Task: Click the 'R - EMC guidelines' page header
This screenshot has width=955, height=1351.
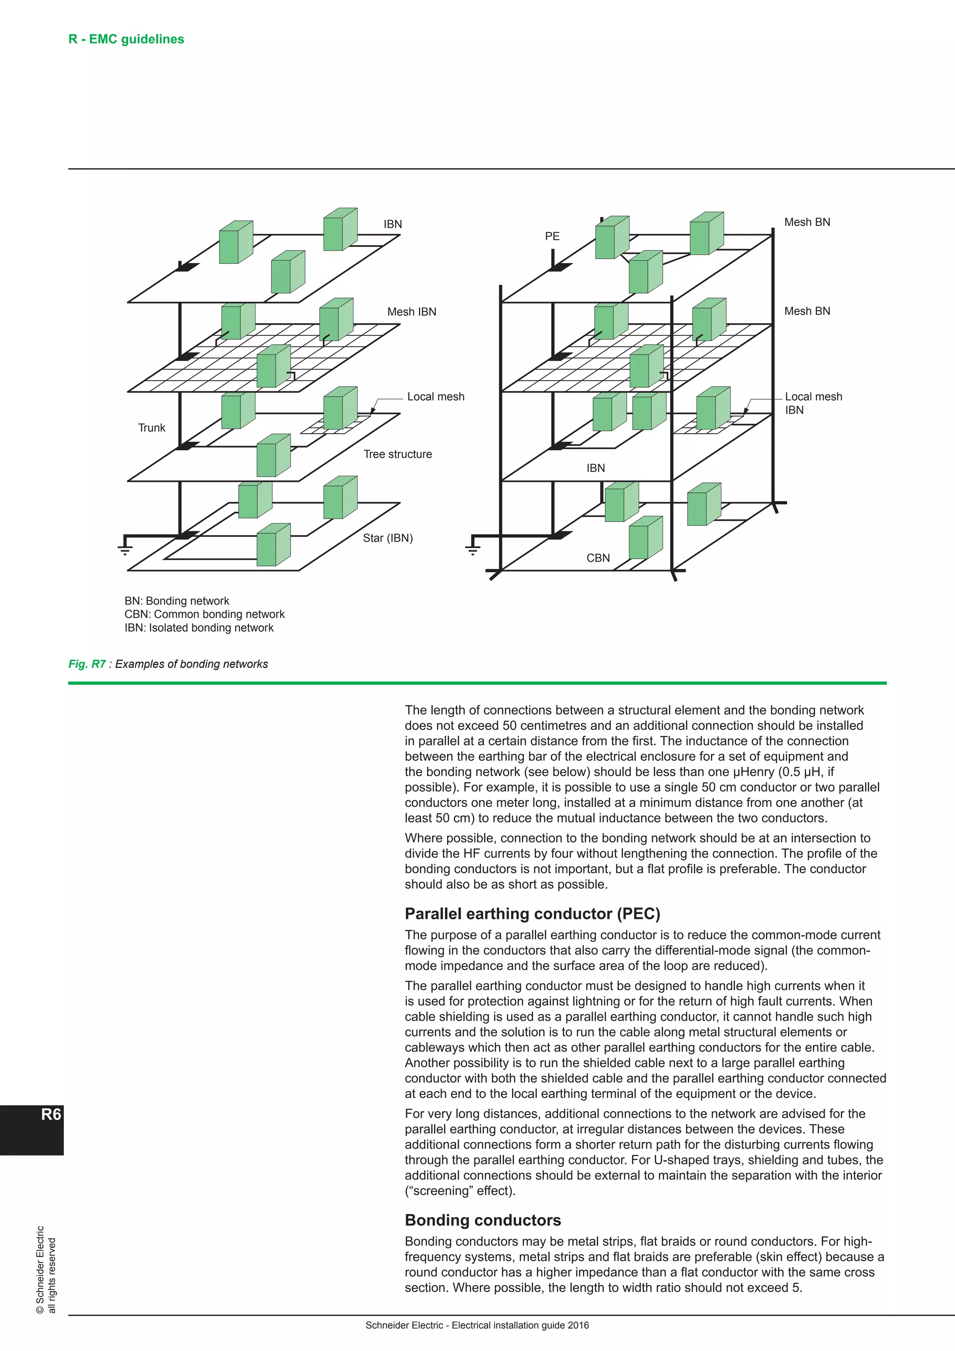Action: tap(126, 40)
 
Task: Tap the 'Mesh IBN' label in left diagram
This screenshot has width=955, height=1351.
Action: tap(412, 312)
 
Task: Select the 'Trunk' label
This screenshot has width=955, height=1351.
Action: tap(152, 428)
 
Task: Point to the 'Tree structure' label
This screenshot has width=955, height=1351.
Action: tap(397, 454)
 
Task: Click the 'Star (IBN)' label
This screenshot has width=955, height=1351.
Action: tap(388, 538)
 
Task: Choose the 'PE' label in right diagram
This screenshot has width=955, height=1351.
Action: tap(552, 237)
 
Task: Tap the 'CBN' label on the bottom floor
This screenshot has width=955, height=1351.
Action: tap(598, 558)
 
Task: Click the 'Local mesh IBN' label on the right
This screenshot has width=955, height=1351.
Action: tap(813, 403)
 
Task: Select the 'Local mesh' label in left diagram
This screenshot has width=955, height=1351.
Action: tap(435, 397)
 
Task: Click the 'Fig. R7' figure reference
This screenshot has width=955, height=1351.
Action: tap(87, 664)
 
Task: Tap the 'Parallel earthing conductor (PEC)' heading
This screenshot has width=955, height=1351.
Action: tap(532, 914)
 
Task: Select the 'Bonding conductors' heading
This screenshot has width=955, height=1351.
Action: tap(483, 1220)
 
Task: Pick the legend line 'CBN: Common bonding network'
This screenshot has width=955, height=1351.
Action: tap(204, 614)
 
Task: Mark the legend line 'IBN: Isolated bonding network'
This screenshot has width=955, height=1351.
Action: tap(199, 628)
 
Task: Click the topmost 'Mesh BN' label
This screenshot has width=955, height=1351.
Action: tap(807, 223)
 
